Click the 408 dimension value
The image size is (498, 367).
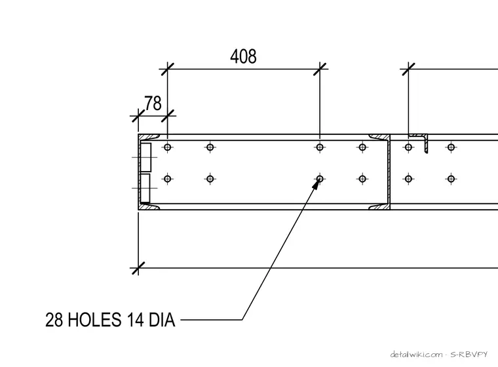[243, 56]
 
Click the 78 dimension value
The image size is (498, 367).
[153, 104]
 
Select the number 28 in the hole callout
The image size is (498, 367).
[54, 320]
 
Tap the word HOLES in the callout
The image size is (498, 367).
[94, 320]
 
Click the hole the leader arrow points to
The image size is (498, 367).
[320, 179]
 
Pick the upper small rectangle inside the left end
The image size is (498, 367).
[145, 157]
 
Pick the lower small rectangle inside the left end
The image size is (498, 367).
[145, 188]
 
